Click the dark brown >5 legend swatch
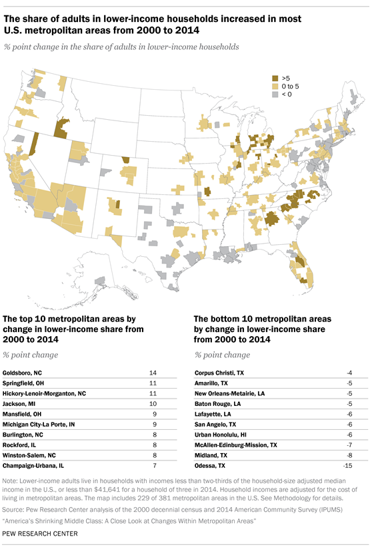pos(274,78)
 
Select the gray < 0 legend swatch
pos(274,95)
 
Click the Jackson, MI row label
pos(21,403)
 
